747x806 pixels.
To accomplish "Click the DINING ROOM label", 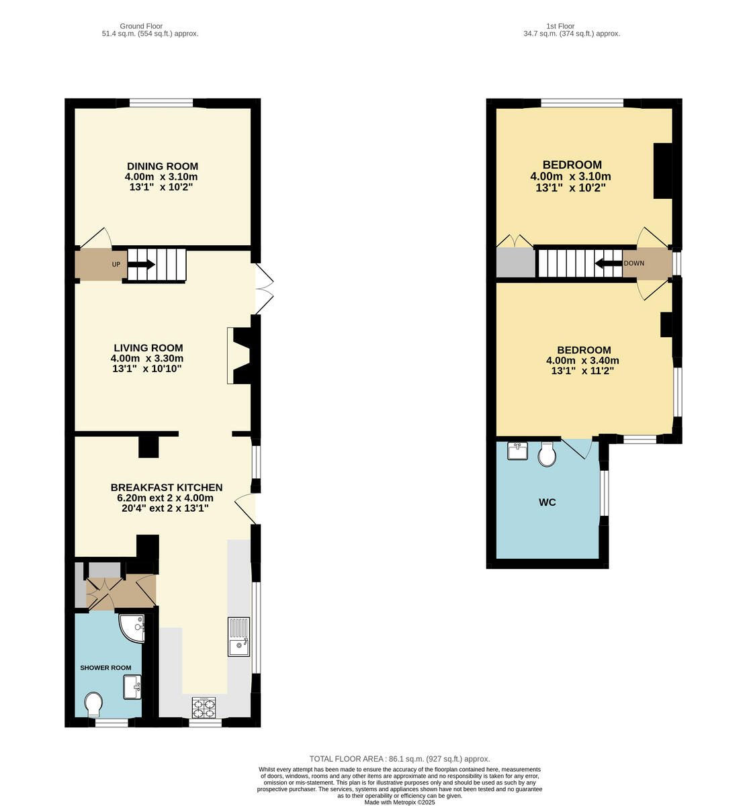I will coord(163,167).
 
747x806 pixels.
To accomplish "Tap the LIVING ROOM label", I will coord(148,348).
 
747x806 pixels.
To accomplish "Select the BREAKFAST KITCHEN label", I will coord(166,488).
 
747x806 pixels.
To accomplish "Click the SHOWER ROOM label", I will coord(105,668).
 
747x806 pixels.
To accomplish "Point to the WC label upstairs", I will coord(547,502).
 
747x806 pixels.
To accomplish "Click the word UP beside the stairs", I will coord(116,265).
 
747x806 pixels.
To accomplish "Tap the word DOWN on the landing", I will coord(633,263).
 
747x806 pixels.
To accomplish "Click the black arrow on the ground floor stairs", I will coord(142,265).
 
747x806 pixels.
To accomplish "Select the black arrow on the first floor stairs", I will coord(608,263).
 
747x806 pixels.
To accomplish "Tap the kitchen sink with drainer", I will coord(238,637).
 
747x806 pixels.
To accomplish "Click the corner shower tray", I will coord(132,628).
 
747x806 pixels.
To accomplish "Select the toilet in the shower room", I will coord(94,704).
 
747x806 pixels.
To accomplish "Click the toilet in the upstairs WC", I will coord(547,455).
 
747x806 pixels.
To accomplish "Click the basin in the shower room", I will coord(132,687).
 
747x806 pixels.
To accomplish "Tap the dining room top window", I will coord(161,103).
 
